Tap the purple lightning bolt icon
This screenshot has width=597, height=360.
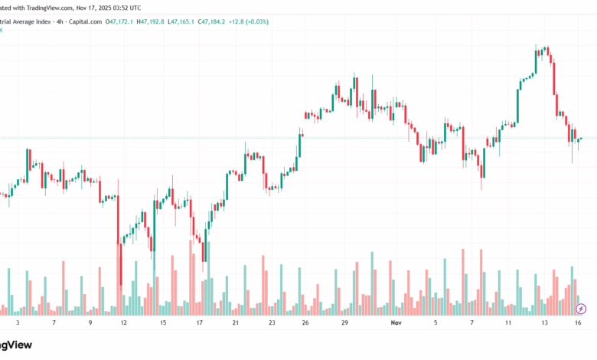tap(581, 309)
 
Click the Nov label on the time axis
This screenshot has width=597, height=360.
tap(396, 324)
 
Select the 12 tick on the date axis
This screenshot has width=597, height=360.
tap(124, 324)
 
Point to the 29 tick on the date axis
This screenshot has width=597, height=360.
tap(345, 324)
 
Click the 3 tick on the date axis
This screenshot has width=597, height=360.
tap(17, 324)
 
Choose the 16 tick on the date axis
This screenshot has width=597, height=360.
tap(579, 324)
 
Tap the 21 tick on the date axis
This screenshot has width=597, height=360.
tap(236, 324)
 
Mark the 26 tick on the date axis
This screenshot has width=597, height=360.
tap(305, 324)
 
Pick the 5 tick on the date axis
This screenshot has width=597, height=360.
tap(436, 324)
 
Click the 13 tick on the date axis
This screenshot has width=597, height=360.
tap(545, 324)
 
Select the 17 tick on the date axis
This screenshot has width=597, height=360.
tap(200, 324)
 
